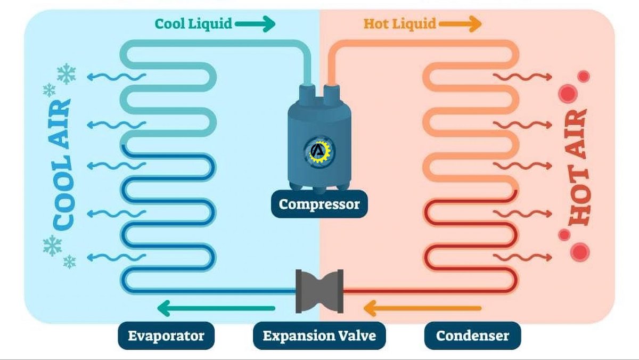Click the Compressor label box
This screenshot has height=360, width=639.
319,204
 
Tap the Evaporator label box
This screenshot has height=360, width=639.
166,336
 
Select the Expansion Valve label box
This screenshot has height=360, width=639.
319,336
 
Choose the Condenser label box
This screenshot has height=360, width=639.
472,336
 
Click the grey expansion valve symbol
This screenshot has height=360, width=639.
319,291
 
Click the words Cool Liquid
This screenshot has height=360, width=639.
193,23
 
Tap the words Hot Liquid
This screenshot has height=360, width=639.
399,23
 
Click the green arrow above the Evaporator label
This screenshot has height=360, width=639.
216,308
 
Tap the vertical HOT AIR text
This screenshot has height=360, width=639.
577,165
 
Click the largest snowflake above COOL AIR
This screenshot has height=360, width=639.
67,74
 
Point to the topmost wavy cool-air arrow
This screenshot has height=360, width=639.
115,77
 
